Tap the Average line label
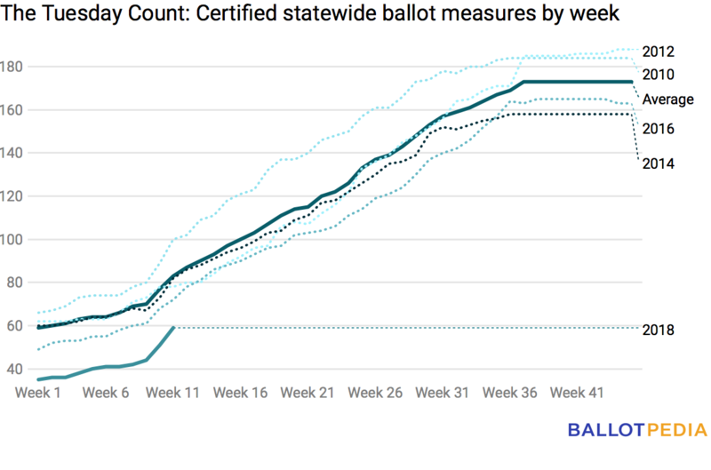point(667,99)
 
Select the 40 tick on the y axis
point(17,369)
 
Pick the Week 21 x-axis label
point(307,392)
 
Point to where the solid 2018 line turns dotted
point(172,328)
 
